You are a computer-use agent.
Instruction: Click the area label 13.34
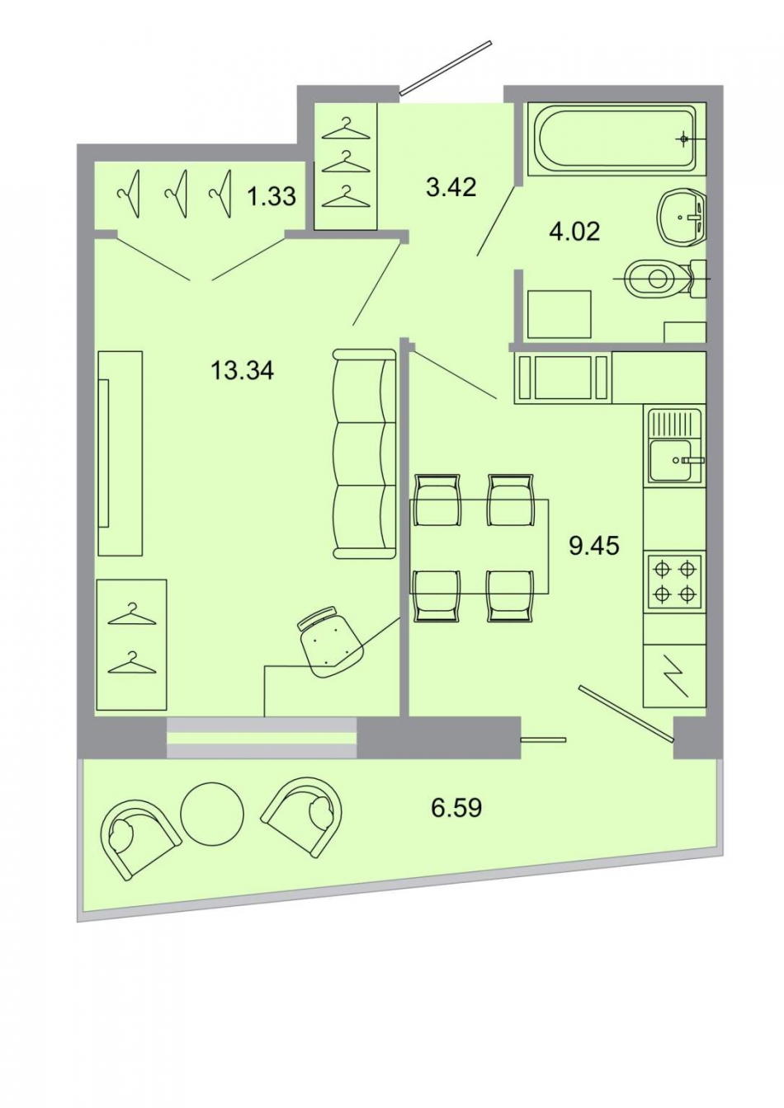(x=242, y=371)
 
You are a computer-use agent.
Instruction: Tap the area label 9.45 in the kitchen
(x=594, y=545)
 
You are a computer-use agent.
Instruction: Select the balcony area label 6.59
(x=456, y=807)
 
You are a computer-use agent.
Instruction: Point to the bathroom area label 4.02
(x=574, y=231)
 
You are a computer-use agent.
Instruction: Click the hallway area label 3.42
(x=451, y=187)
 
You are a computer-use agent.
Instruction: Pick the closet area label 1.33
(x=272, y=196)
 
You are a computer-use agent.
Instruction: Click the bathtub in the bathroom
(x=615, y=138)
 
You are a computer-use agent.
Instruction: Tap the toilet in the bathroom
(x=656, y=279)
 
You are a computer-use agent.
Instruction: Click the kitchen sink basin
(x=671, y=461)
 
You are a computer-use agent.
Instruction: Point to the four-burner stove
(x=674, y=580)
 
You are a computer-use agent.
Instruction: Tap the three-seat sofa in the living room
(x=363, y=453)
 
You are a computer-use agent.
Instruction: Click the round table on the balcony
(x=212, y=813)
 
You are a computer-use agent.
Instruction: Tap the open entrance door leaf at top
(x=446, y=64)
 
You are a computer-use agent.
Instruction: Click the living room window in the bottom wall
(x=262, y=737)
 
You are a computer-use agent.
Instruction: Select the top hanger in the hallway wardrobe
(x=346, y=129)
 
